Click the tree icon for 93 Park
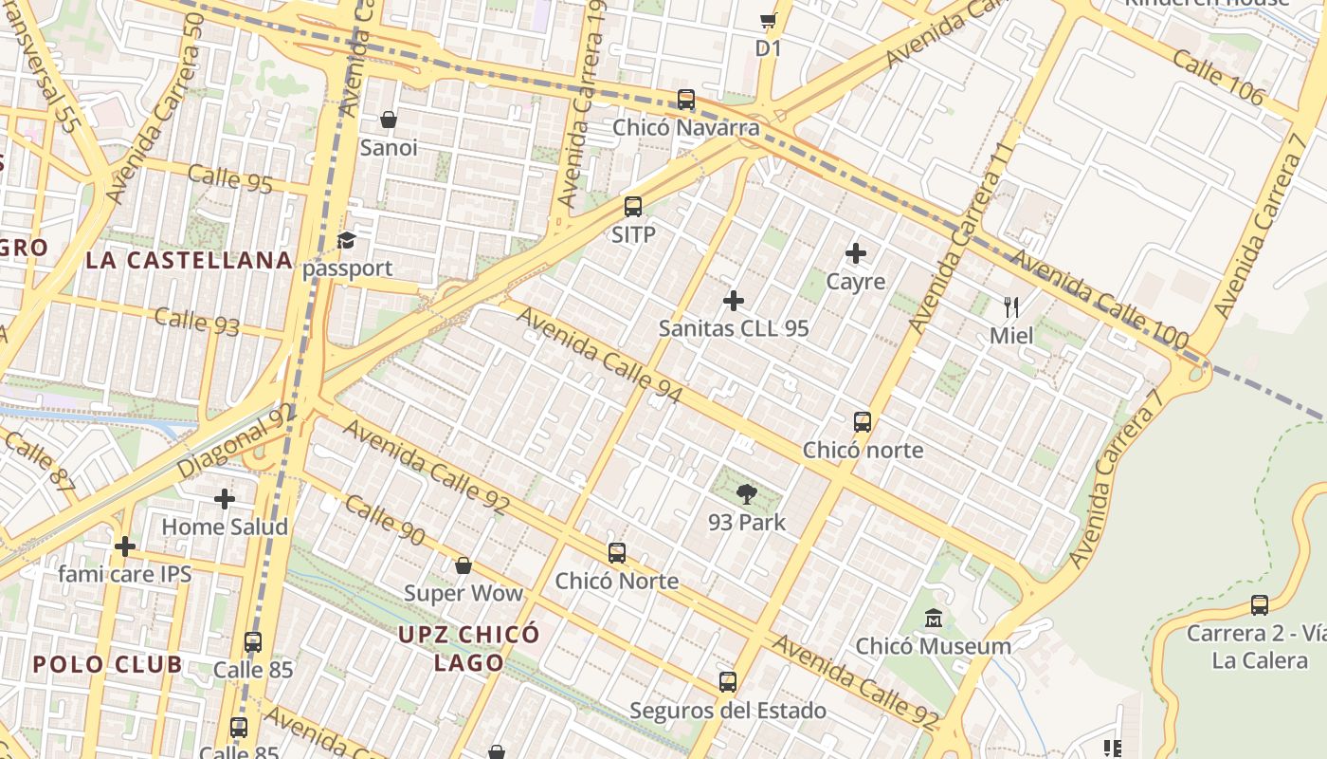tap(747, 493)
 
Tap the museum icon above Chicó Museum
tap(934, 619)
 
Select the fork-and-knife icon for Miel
tap(1011, 306)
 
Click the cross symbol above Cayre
tap(856, 253)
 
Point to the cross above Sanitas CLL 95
tap(734, 301)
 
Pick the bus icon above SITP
tap(633, 206)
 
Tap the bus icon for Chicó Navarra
tap(686, 99)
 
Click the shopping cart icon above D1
tap(768, 20)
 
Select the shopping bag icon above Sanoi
tap(389, 120)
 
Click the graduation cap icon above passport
tap(347, 240)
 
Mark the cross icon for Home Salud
tap(225, 498)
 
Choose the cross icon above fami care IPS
tap(125, 546)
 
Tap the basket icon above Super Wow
tap(464, 565)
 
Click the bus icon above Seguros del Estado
tap(728, 682)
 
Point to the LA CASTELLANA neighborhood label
tap(189, 260)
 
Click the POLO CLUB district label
tap(107, 664)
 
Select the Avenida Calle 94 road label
tap(599, 355)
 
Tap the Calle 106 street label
tap(1218, 76)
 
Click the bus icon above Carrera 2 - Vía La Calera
tap(1260, 604)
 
